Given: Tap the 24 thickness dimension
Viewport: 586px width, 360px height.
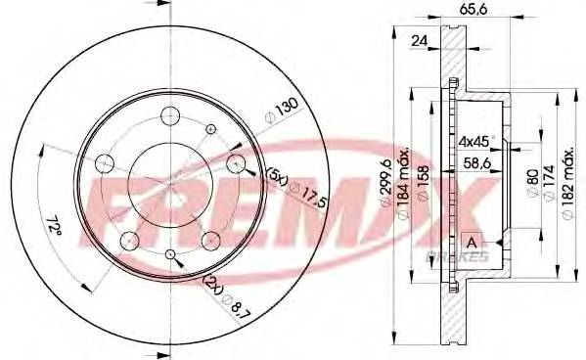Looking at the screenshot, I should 420,42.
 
